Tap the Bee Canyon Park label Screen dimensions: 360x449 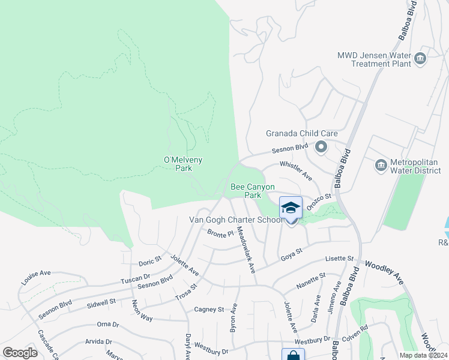tap(253, 191)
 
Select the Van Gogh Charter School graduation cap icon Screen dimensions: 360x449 tap(291, 208)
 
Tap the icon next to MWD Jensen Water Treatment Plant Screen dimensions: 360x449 tap(420, 58)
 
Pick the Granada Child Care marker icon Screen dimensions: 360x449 tap(321, 146)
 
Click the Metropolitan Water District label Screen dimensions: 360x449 tap(416, 164)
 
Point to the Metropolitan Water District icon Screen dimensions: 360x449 tap(380, 164)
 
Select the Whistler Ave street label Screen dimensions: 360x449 tap(296, 170)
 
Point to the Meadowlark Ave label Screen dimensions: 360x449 tap(246, 248)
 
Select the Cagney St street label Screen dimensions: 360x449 tap(208, 310)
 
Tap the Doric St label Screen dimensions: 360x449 tap(150, 262)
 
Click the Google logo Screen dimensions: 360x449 tap(20, 352)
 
